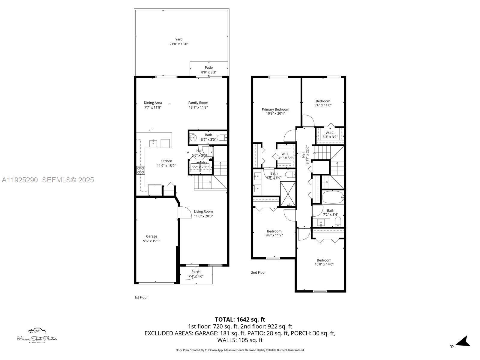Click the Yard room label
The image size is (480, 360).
pos(179,39)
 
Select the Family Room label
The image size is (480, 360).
pos(198,103)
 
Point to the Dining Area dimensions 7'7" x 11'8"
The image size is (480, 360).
pos(152,107)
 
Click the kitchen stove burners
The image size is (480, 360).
pos(140,170)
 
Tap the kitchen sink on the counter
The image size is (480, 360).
pos(154,143)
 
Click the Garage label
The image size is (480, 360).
pos(151,236)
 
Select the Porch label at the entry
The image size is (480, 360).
pos(196,272)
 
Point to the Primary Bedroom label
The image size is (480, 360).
pos(275,109)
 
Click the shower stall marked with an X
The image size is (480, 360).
pos(288,194)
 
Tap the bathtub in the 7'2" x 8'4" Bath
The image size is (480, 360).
pos(333,197)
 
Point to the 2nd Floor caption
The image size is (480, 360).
pos(258,273)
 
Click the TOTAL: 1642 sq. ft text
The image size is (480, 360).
pos(240,319)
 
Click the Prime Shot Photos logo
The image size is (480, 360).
pos(37,336)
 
